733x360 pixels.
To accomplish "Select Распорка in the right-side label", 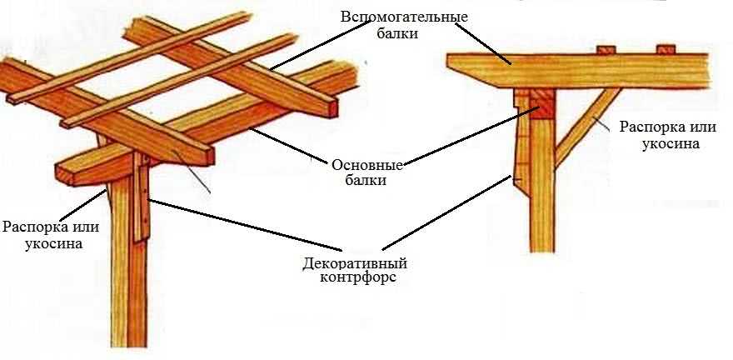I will pos(651,127).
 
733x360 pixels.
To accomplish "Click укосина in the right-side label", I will pos(670,143).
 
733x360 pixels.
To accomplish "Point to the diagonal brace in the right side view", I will pos(583,126).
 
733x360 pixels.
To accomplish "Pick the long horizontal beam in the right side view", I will pos(583,71).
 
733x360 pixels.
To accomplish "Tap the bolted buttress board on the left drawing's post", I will pos(142,200).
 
